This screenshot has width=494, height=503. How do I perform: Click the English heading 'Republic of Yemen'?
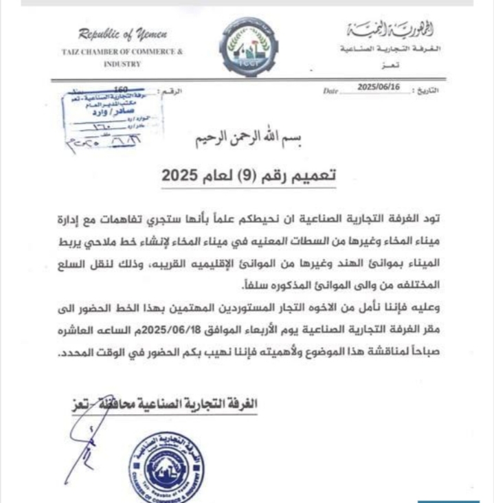point(122,34)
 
